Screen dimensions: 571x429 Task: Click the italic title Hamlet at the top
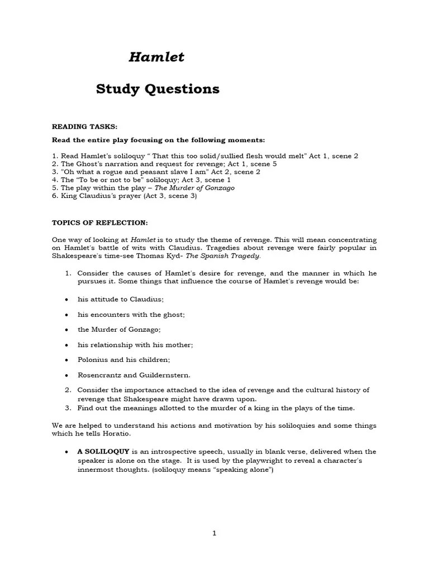[x=156, y=57]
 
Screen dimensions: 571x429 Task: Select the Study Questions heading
[x=158, y=89]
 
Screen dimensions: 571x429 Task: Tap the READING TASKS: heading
[x=85, y=127]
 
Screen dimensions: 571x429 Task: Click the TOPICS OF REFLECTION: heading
[x=100, y=222]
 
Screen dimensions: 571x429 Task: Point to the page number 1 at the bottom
[x=214, y=533]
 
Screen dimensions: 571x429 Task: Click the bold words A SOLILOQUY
[x=103, y=451]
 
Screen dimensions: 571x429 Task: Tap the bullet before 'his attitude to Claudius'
[x=66, y=299]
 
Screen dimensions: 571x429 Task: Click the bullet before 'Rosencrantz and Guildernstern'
[x=66, y=375]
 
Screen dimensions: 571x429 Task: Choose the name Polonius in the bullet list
[x=93, y=360]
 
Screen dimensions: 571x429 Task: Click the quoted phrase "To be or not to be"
[x=101, y=180]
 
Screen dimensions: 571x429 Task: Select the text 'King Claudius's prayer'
[x=98, y=196]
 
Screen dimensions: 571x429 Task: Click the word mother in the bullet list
[x=180, y=345]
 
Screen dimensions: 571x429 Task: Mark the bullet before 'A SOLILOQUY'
[x=66, y=452]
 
